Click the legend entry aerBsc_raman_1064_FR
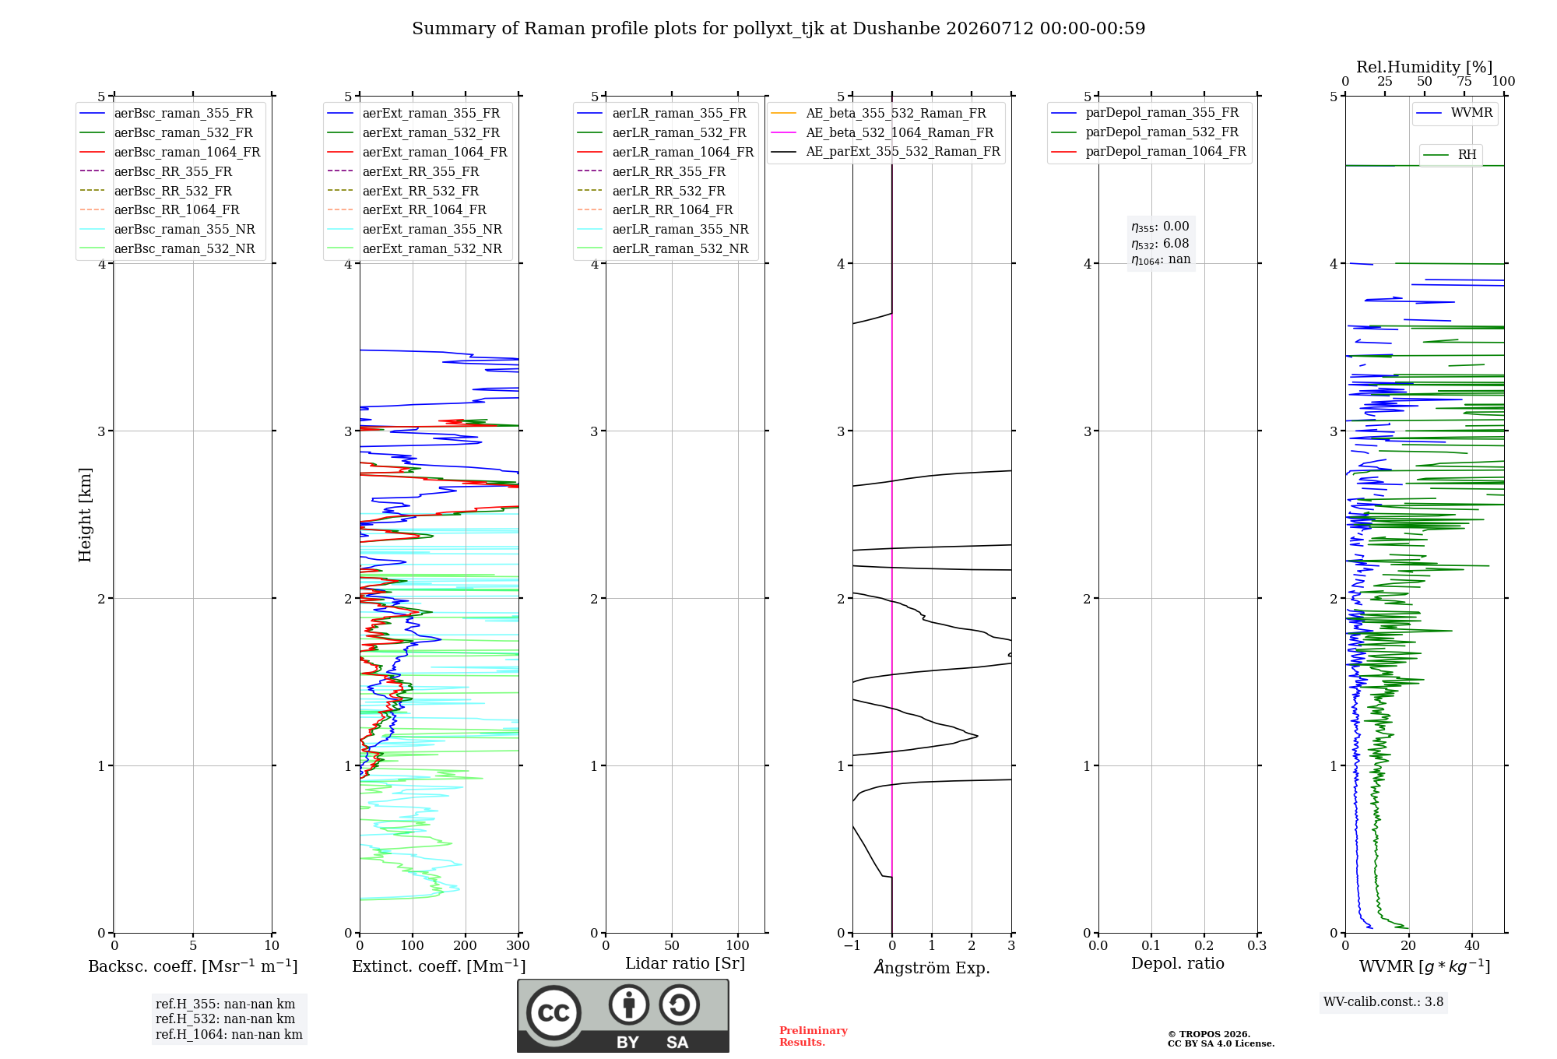(170, 153)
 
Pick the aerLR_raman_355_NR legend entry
(663, 230)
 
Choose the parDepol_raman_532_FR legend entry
(1144, 132)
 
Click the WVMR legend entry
(1454, 113)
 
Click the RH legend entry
(1450, 155)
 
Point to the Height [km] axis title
(85, 515)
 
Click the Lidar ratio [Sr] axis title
(685, 963)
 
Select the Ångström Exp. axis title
(932, 967)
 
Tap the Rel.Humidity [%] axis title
(1425, 67)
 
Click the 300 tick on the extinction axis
(518, 945)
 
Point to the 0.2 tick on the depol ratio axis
(1204, 945)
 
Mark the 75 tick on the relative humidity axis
(1464, 81)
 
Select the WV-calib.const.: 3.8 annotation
(1383, 1002)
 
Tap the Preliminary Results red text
(814, 1036)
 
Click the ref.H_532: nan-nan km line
(226, 1019)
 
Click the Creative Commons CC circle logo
(554, 1013)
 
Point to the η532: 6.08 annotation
(1160, 244)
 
